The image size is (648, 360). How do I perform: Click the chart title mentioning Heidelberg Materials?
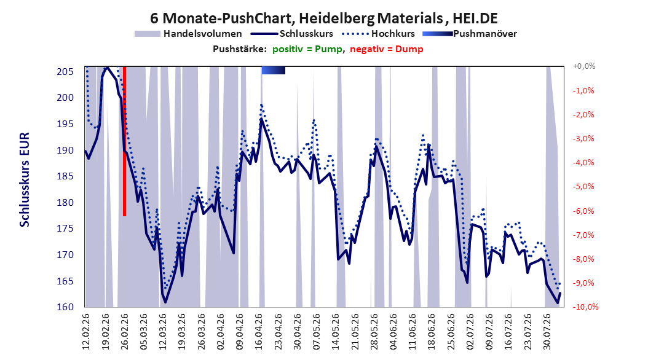point(323,18)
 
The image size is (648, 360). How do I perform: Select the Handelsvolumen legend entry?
point(189,34)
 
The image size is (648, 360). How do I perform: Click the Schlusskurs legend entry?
point(292,34)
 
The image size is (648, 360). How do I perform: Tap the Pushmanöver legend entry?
point(470,34)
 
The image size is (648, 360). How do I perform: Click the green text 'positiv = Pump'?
point(307,49)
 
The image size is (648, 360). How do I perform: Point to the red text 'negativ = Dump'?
point(387,49)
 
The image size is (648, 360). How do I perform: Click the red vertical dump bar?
point(124,141)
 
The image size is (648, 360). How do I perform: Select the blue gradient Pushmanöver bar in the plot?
point(273,71)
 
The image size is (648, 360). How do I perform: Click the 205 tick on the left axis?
point(65,72)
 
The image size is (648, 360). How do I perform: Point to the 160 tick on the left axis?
point(65,307)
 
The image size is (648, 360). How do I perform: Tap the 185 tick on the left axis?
point(65,176)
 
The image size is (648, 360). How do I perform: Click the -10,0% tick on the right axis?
point(585,307)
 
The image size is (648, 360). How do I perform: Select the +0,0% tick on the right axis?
point(584,66)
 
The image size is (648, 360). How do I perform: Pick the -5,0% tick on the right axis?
point(583,187)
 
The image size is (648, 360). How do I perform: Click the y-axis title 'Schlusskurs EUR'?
point(25,179)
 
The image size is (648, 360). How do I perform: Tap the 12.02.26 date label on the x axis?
point(86,332)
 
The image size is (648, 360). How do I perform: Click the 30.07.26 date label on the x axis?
point(547,332)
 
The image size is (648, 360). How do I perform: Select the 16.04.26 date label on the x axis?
point(259,332)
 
